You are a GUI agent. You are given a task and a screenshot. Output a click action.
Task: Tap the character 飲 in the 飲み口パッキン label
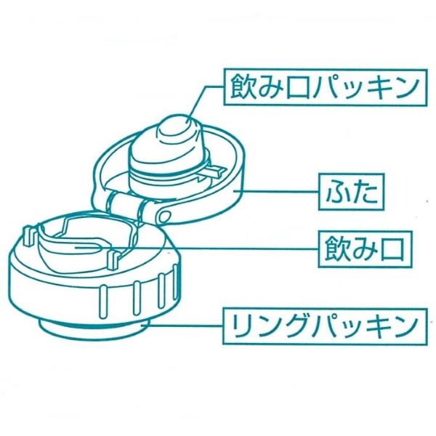point(241,88)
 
